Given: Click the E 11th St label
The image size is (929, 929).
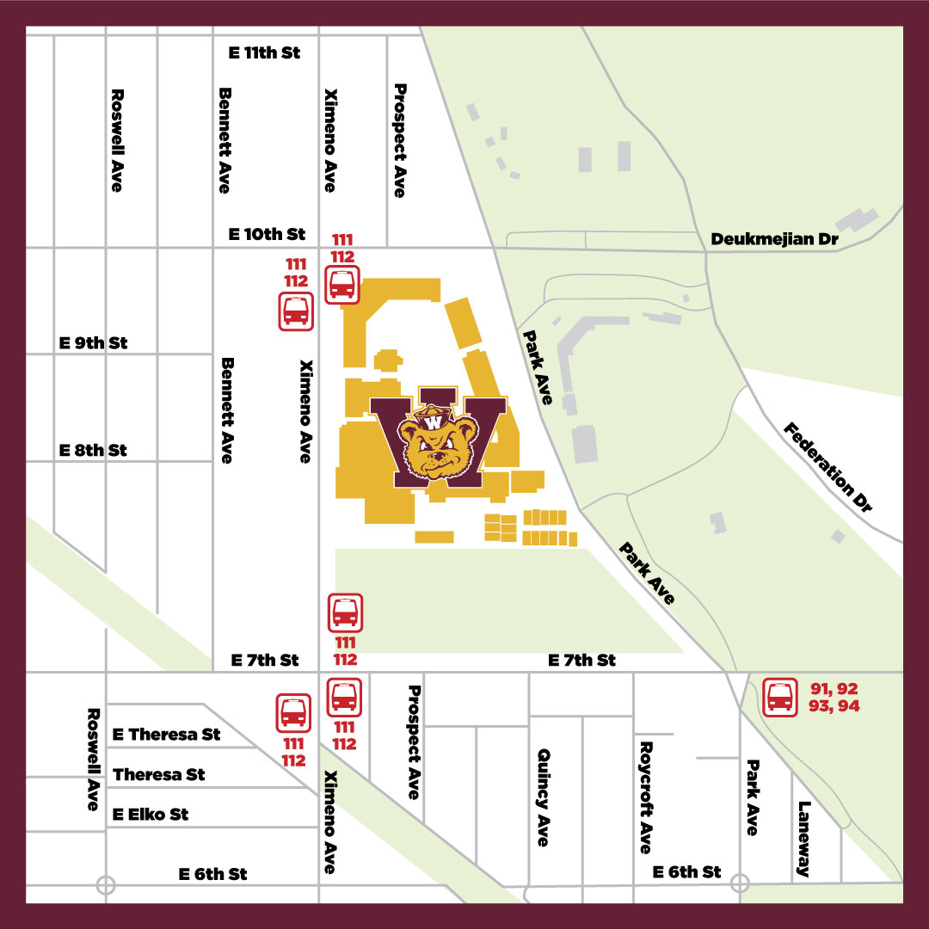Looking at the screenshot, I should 264,52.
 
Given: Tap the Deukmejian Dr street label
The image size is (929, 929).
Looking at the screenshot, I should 774,239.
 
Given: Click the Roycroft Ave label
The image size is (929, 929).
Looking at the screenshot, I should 646,797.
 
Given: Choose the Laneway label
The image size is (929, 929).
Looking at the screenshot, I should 804,839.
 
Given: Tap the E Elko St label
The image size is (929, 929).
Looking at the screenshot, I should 151,814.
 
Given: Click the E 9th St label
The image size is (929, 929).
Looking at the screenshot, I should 93,342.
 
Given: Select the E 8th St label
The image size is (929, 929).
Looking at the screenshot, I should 93,450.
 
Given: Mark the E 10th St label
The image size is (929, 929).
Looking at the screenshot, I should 267,234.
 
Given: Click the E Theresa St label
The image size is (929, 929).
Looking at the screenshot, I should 167,735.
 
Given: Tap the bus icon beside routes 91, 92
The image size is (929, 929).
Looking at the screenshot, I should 780,697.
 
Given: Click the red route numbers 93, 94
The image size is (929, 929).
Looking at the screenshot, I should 834,706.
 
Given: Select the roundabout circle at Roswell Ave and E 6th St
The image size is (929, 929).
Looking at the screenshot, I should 106,884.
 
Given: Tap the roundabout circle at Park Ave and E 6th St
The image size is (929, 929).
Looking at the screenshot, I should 740,883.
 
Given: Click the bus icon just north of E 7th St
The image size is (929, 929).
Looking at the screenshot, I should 346,612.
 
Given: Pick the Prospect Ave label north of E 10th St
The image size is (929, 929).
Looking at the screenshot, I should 399,140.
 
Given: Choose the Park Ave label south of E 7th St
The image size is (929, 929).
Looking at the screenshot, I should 753,797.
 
